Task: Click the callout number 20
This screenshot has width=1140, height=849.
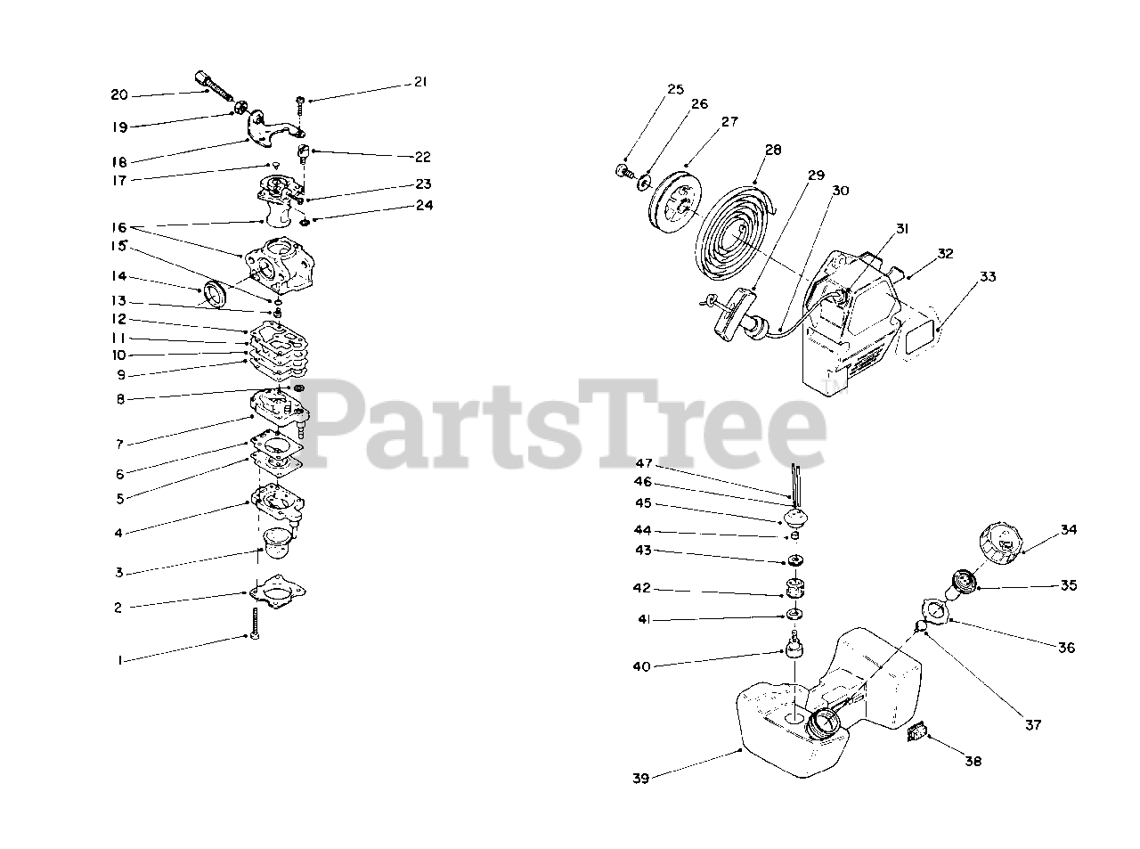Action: tap(119, 95)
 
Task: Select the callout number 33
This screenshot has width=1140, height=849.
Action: tap(988, 277)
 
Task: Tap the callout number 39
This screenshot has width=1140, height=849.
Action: tap(640, 778)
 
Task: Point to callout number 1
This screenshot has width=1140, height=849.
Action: tap(118, 660)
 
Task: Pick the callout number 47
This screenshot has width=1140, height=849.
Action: tap(644, 463)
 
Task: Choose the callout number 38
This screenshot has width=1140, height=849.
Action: tap(973, 762)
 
